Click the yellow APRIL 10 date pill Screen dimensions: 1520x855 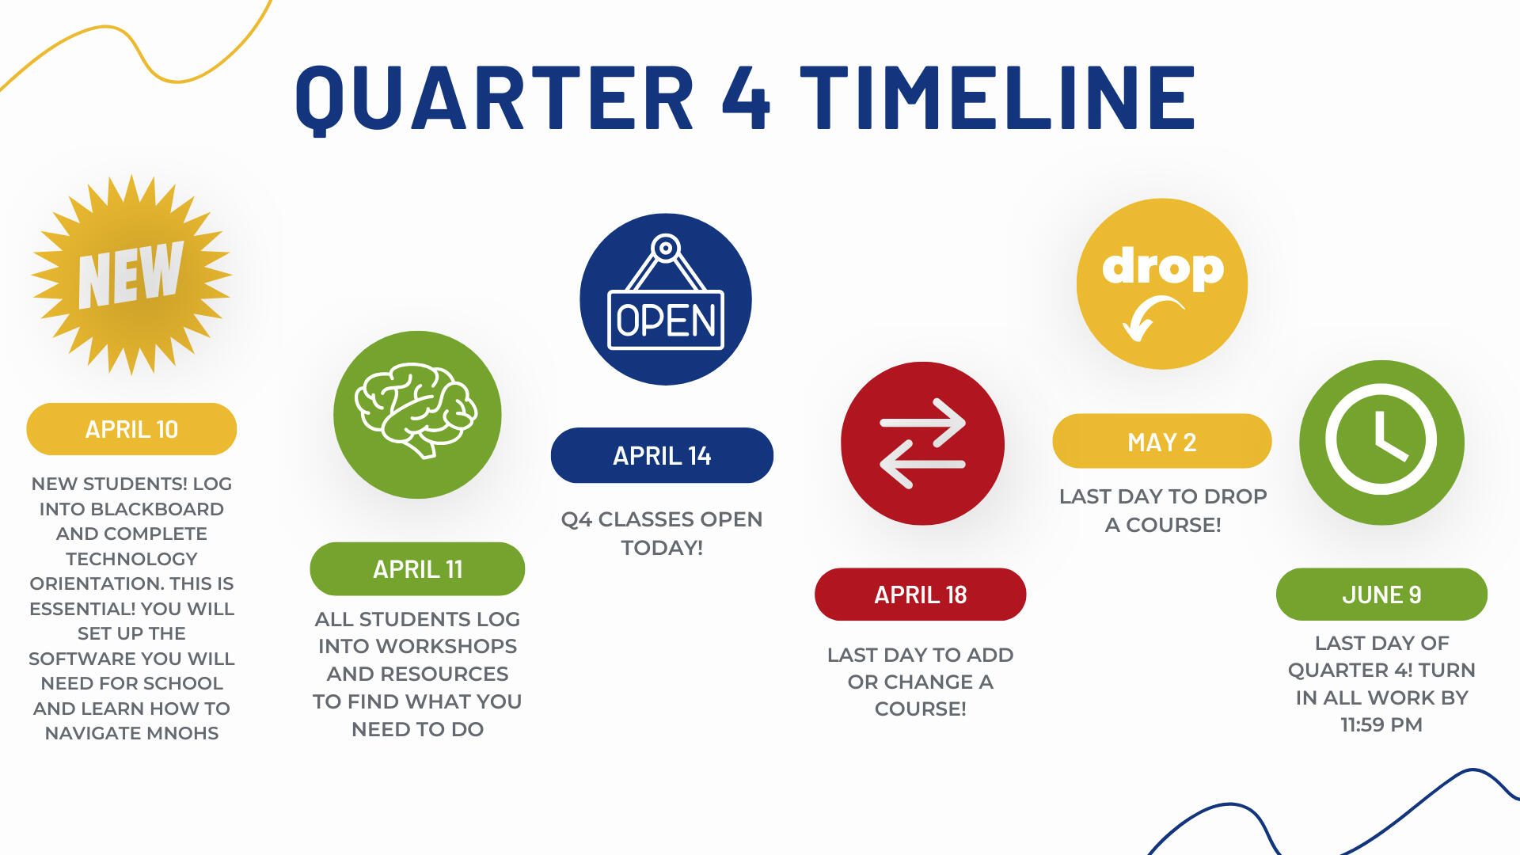pyautogui.click(x=131, y=429)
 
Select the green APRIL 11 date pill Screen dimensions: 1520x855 pyautogui.click(x=417, y=568)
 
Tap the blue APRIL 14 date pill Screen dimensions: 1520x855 pyautogui.click(x=662, y=455)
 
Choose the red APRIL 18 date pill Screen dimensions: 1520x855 pyautogui.click(x=920, y=594)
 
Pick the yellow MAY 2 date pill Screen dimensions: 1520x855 pyautogui.click(x=1161, y=441)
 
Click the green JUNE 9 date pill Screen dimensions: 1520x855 pyautogui.click(x=1381, y=594)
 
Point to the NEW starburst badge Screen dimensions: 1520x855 pyautogui.click(x=131, y=275)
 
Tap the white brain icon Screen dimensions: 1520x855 pyautogui.click(x=416, y=410)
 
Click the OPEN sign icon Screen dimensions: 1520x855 pyautogui.click(x=666, y=291)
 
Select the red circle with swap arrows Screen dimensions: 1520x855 pyautogui.click(x=922, y=443)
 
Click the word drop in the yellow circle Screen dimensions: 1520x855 pyautogui.click(x=1163, y=268)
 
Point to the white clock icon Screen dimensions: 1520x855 pyautogui.click(x=1381, y=439)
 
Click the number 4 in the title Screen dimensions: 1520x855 pyautogui.click(x=746, y=97)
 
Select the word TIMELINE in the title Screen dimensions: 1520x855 pyautogui.click(x=997, y=97)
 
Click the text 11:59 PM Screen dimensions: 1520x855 pyautogui.click(x=1381, y=724)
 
